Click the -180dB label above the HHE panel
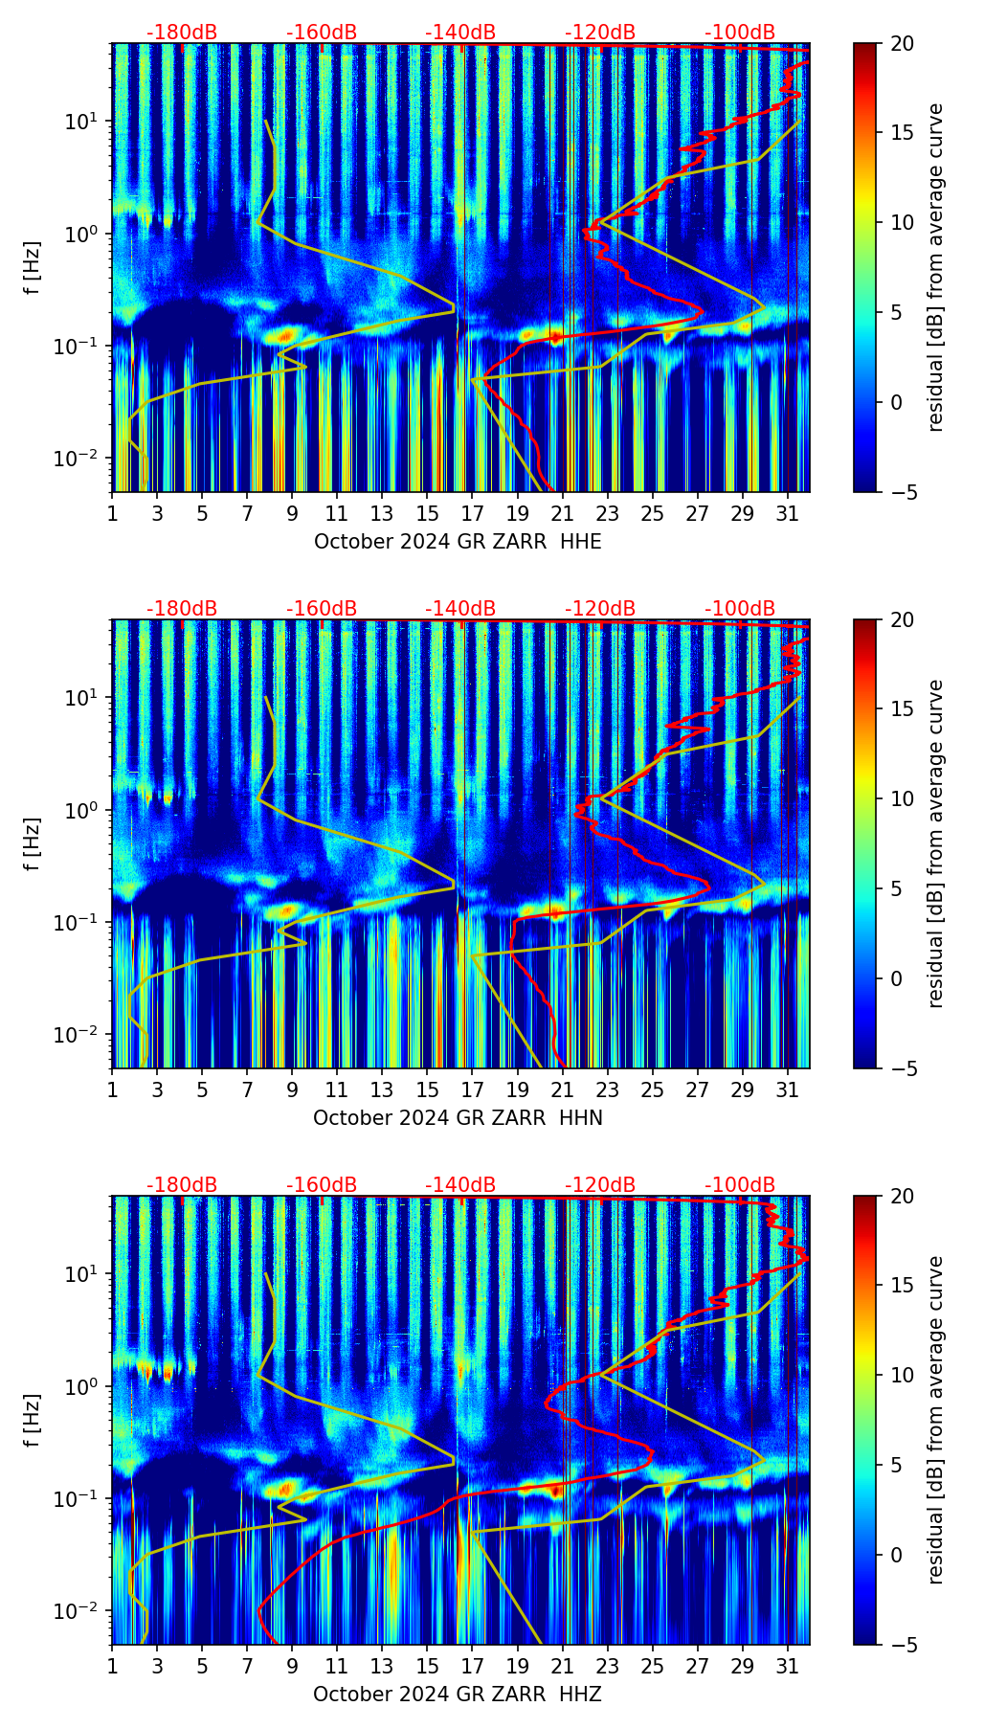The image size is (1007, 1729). (x=182, y=33)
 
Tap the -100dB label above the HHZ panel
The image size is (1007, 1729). (x=740, y=1185)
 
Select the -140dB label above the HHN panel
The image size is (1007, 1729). (x=460, y=609)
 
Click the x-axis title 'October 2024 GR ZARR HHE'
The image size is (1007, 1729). (x=458, y=542)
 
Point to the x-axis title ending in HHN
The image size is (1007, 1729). (x=458, y=1118)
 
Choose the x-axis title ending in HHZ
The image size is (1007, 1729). (x=458, y=1695)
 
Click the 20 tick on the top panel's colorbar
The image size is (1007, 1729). (x=903, y=43)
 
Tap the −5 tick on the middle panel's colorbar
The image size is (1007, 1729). (x=903, y=1068)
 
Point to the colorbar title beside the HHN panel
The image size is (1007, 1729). (x=936, y=843)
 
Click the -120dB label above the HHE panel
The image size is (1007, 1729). (x=600, y=33)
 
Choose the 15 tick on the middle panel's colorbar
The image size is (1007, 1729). (x=903, y=709)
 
